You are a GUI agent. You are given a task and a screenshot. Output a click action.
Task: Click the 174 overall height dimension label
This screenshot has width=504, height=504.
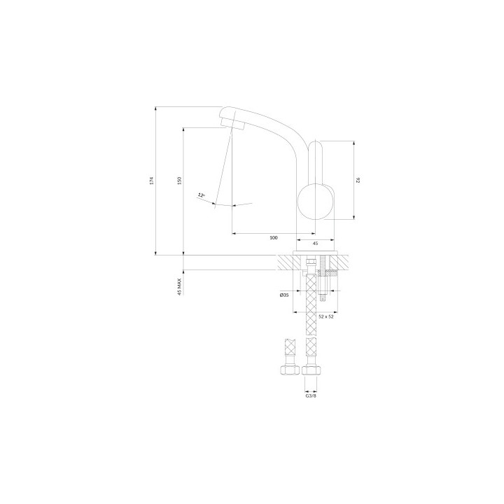pos(152,181)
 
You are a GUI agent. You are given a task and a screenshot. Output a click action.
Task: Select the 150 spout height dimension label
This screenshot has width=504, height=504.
pos(180,181)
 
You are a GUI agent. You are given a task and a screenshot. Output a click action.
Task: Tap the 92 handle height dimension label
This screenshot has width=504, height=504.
pos(358,181)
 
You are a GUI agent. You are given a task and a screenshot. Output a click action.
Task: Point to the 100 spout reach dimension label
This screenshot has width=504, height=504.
pos(273,238)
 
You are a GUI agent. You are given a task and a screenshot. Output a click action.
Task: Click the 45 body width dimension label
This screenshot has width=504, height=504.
pos(315,244)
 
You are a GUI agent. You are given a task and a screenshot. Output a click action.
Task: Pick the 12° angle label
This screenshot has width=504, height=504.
pos(201,195)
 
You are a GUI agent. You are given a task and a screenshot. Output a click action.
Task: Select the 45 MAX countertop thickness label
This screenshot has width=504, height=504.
pos(180,287)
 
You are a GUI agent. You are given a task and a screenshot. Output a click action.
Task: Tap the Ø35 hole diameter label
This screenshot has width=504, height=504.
pos(283,295)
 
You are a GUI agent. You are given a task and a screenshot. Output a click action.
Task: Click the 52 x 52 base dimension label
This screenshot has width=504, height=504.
pos(326,316)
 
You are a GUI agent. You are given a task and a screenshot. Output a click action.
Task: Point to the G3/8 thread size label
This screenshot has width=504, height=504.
pos(311,395)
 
